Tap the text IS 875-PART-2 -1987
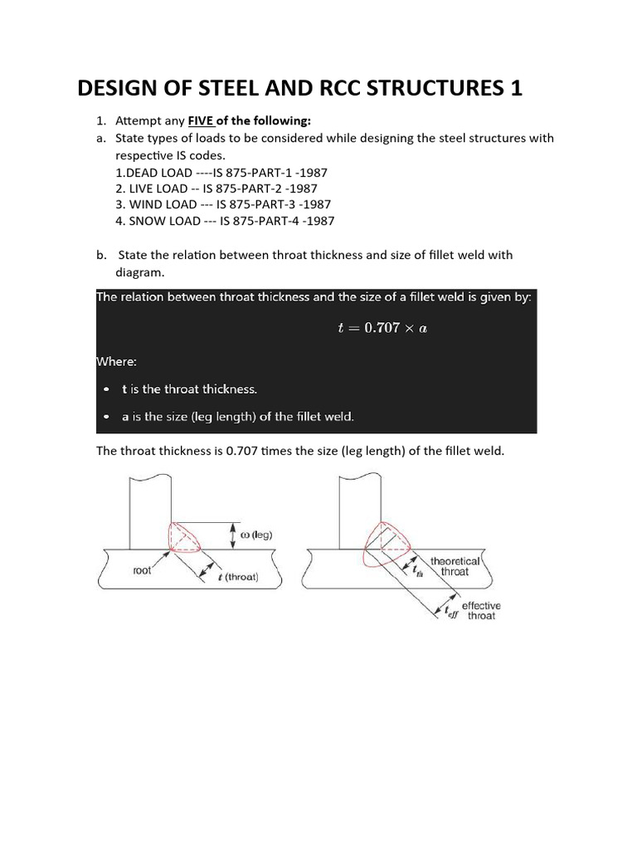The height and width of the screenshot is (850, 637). (x=265, y=188)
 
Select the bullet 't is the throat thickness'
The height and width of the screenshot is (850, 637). (x=189, y=388)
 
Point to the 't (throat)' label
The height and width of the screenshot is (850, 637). (x=237, y=578)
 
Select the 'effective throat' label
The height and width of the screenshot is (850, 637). (x=480, y=611)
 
